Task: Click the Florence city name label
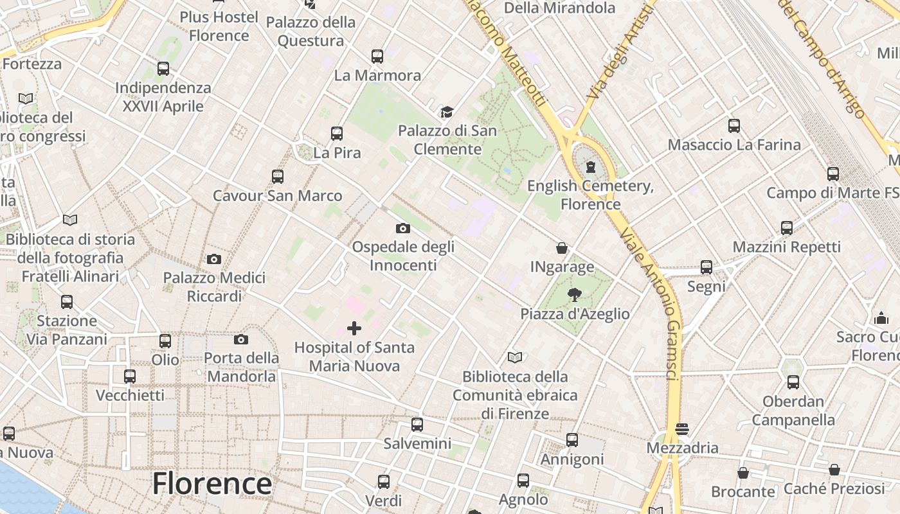point(212,484)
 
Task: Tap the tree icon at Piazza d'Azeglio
point(575,295)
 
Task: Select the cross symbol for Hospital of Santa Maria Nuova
point(354,329)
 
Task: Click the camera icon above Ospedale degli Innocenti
point(403,228)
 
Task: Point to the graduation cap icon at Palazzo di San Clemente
point(447,112)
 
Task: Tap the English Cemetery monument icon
point(590,168)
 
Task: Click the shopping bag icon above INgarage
point(562,248)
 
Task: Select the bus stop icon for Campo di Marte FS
point(833,173)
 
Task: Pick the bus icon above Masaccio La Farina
point(734,126)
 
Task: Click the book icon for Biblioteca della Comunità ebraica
point(515,358)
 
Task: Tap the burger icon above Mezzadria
point(682,429)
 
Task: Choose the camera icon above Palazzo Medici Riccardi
point(214,259)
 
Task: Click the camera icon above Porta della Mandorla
point(241,339)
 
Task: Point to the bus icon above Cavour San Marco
point(278,177)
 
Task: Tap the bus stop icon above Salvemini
point(417,425)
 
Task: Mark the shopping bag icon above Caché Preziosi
point(834,470)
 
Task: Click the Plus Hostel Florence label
point(219,26)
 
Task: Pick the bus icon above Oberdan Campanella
point(793,383)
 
